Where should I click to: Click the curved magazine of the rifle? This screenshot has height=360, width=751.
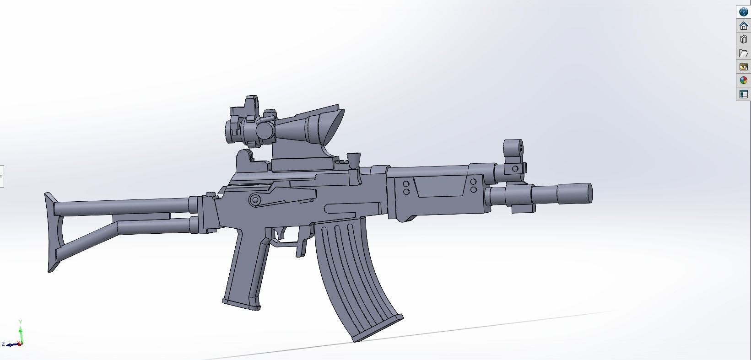pyautogui.click(x=352, y=270)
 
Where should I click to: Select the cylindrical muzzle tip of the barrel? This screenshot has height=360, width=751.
pyautogui.click(x=575, y=193)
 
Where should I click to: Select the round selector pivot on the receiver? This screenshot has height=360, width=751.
pyautogui.click(x=255, y=200)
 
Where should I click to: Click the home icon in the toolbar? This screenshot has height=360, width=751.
pyautogui.click(x=743, y=26)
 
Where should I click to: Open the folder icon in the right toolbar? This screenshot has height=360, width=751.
pyautogui.click(x=743, y=53)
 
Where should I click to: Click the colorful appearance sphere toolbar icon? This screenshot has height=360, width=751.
pyautogui.click(x=743, y=81)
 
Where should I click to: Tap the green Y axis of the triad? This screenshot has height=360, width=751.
pyautogui.click(x=21, y=331)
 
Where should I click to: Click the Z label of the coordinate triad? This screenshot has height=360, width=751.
pyautogui.click(x=3, y=344)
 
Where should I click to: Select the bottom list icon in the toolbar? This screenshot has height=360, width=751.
pyautogui.click(x=743, y=94)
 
